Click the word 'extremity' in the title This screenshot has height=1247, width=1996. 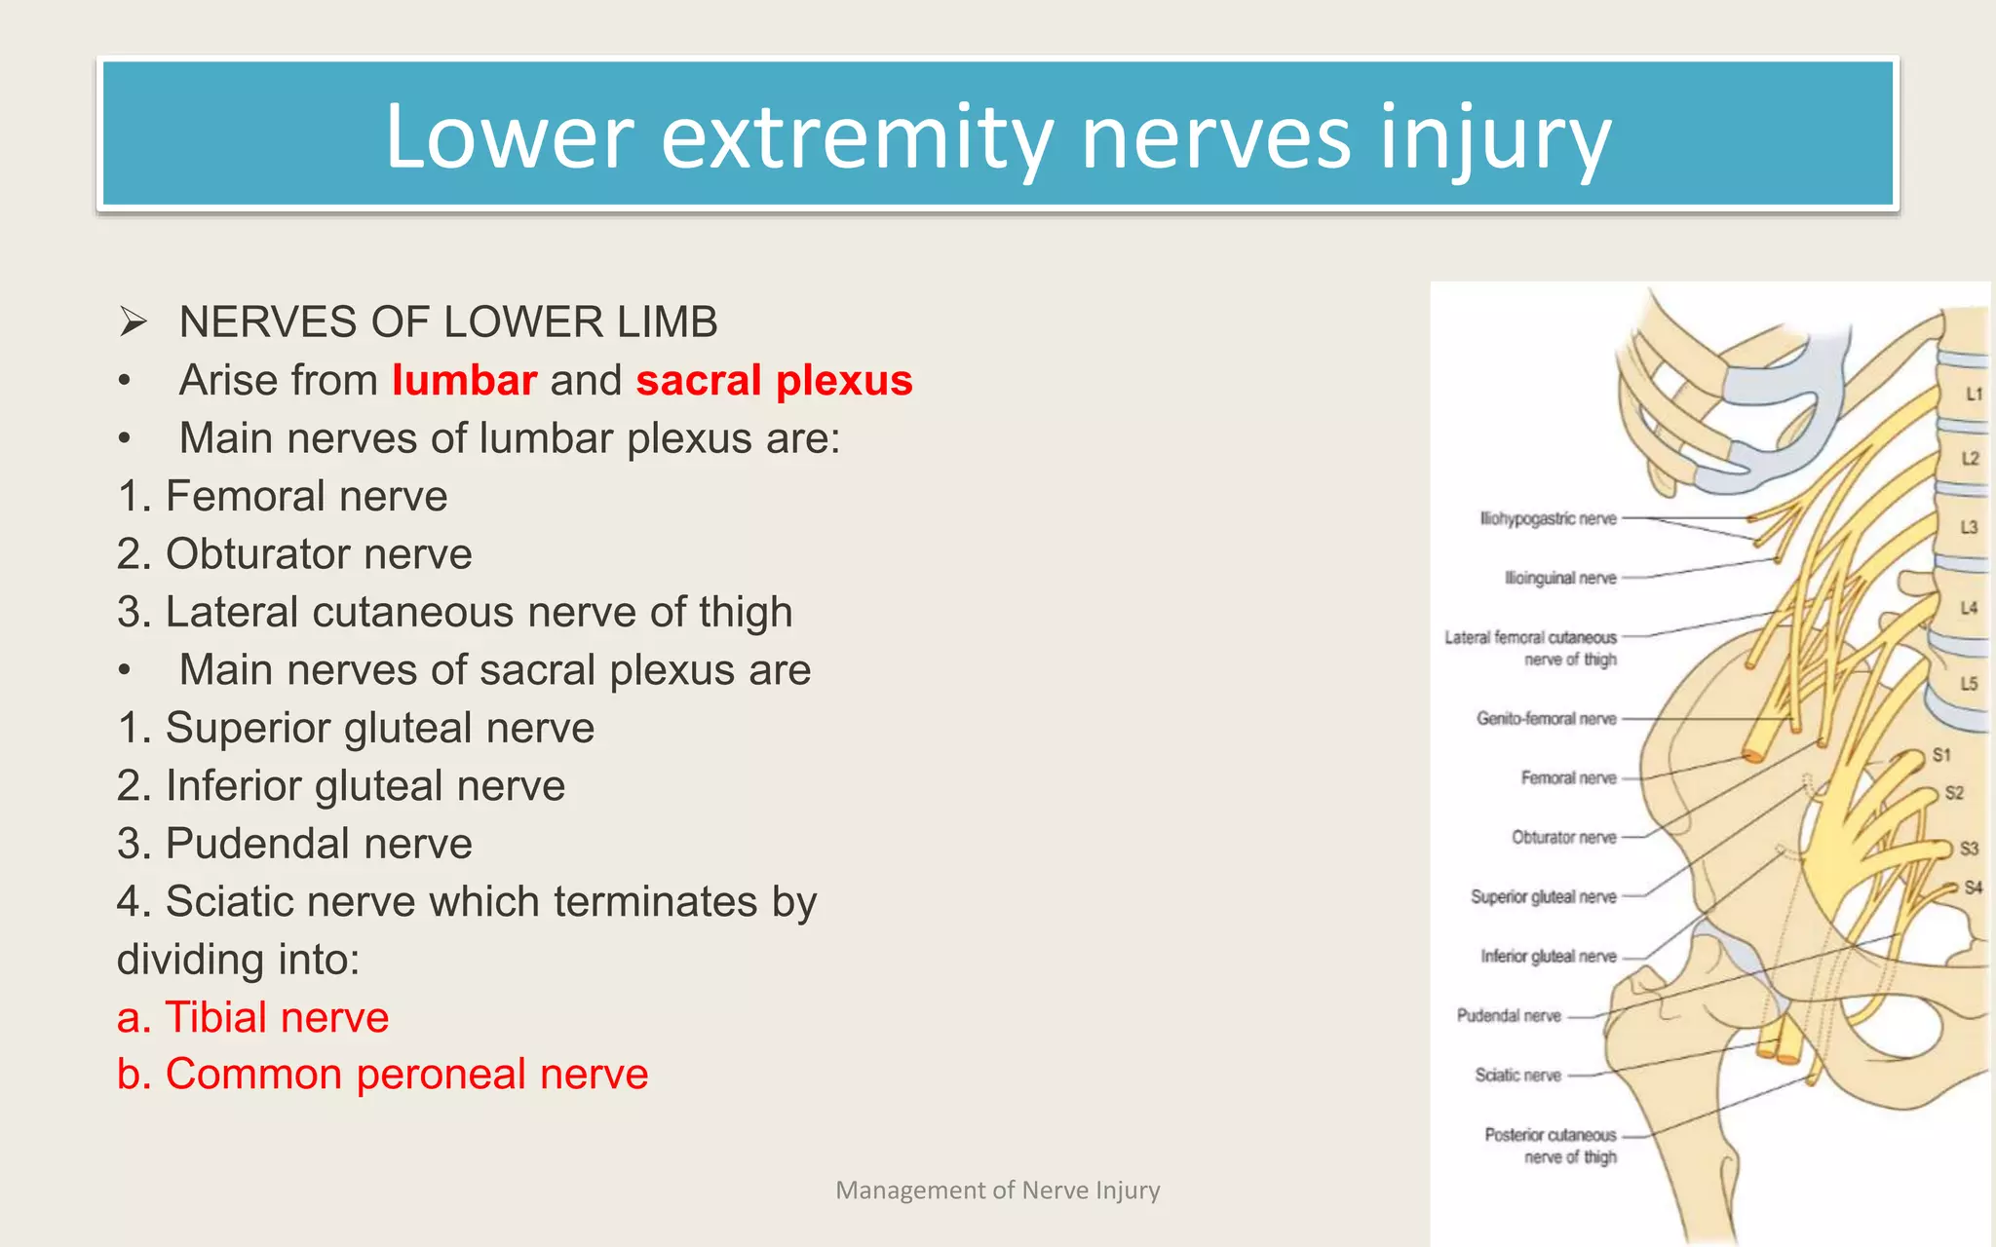[859, 137]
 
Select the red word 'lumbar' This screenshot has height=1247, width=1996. [464, 380]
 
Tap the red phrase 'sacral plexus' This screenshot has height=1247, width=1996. [774, 380]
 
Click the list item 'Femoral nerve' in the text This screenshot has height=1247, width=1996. [283, 496]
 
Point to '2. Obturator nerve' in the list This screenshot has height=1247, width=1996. [294, 554]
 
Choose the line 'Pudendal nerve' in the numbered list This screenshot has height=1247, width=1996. [294, 844]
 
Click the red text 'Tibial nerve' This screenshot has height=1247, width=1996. [253, 1017]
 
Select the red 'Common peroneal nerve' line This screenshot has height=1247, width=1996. [382, 1075]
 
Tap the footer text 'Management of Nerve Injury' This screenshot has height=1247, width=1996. [998, 1190]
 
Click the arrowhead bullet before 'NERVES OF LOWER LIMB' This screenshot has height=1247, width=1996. [133, 321]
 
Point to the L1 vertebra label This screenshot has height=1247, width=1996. [1974, 395]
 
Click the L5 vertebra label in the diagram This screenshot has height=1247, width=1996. [1969, 684]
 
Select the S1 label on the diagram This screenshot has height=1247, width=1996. [1941, 755]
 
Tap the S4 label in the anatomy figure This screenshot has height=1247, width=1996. [1973, 888]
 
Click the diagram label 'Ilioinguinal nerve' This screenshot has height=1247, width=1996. [1560, 578]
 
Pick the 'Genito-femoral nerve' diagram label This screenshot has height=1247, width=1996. [1546, 719]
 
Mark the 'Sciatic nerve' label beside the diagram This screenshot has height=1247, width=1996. [1517, 1076]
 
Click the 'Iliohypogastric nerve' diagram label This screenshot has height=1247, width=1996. [1548, 519]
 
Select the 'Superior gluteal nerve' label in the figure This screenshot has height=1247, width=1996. [1543, 897]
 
